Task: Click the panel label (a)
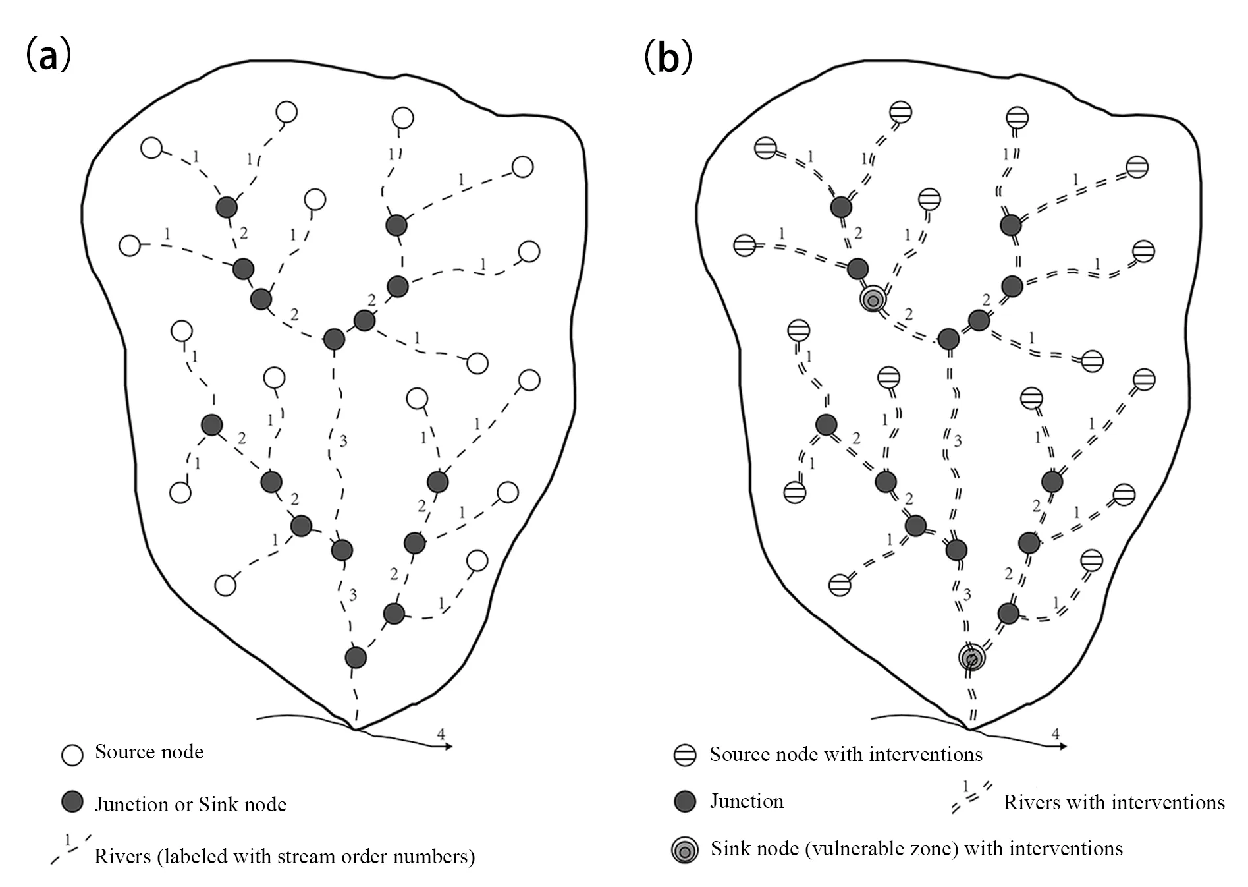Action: [x=48, y=56]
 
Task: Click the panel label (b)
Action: [x=668, y=58]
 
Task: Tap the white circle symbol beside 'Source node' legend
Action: [x=72, y=755]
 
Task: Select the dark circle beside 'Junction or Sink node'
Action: [x=72, y=802]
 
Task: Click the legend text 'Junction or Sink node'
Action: [x=190, y=804]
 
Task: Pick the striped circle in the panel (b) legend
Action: [x=685, y=755]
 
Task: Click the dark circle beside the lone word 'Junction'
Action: [x=685, y=802]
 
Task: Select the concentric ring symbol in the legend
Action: [x=685, y=850]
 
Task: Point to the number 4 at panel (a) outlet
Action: [x=441, y=733]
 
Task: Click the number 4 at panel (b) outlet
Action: [x=1055, y=733]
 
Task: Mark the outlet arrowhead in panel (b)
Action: [x=1063, y=747]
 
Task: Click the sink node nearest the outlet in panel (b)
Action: [x=971, y=658]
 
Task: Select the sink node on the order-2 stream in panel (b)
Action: [x=873, y=300]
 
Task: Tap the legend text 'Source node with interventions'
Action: [x=846, y=754]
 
